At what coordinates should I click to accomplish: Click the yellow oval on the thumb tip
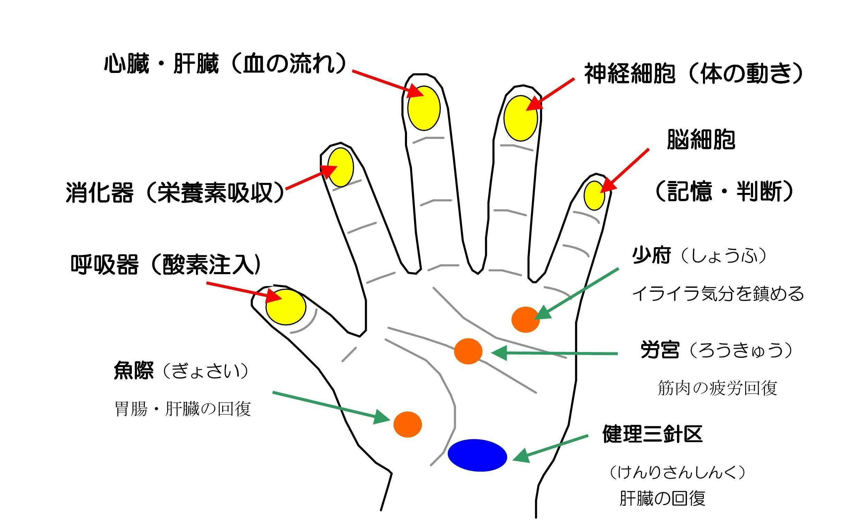pos(286,307)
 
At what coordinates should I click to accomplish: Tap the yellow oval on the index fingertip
pos(340,167)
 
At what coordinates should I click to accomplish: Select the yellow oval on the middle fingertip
pos(424,108)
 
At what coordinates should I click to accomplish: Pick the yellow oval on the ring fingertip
pos(521,118)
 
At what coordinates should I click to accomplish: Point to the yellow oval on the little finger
pos(594,196)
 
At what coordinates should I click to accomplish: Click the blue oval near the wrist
pos(477,455)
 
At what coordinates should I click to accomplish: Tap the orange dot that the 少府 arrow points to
pos(525,319)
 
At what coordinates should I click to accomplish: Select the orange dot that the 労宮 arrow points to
pos(468,351)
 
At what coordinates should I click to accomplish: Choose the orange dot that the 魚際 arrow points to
pos(407,424)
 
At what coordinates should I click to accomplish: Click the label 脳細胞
pos(701,140)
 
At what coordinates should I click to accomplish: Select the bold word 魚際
pos(134,371)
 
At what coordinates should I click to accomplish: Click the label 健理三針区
pos(652,434)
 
